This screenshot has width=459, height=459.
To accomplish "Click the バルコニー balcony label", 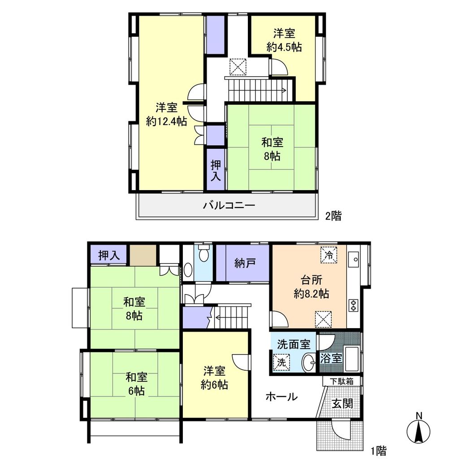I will tap(229, 206).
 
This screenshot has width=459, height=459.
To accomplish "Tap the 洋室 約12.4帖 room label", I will tap(167, 114).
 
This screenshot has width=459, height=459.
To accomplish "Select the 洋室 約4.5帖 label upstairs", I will tap(284, 40).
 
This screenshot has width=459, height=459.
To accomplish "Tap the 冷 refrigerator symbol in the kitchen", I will tap(329, 255).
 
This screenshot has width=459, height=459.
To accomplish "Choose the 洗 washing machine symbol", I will tap(281, 362).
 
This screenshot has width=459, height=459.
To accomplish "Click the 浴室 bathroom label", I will tap(332, 358).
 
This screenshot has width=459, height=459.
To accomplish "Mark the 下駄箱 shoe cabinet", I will tap(342, 381).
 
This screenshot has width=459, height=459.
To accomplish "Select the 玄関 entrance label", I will tap(342, 403).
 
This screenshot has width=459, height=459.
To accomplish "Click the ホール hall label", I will tap(281, 397).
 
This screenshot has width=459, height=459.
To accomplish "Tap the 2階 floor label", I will tap(333, 216).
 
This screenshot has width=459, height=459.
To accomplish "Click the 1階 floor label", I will tap(378, 450).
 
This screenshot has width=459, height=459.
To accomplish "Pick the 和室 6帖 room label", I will tap(135, 384).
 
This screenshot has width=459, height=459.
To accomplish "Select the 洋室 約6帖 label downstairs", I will tap(215, 378).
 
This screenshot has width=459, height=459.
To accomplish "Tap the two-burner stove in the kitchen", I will tap(353, 305).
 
